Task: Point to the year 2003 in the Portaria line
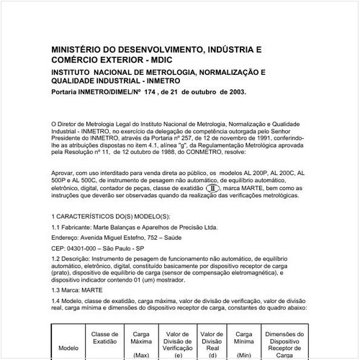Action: coord(235,92)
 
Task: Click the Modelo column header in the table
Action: coord(68,346)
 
